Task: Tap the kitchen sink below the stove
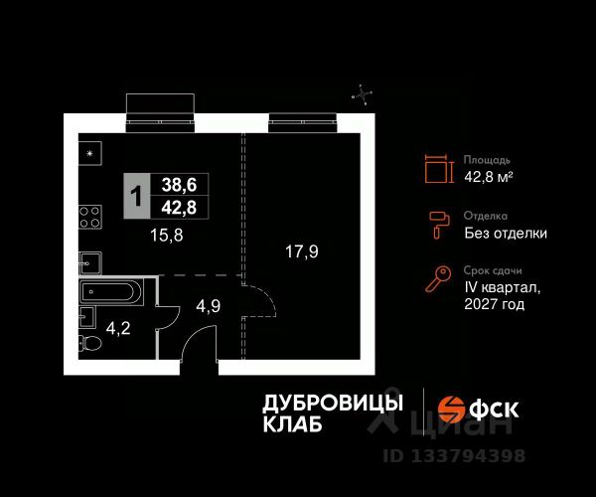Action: pyautogui.click(x=89, y=261)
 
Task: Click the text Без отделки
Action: pyautogui.click(x=505, y=234)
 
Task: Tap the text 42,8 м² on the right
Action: pyautogui.click(x=488, y=177)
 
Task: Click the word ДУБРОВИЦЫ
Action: pyautogui.click(x=332, y=403)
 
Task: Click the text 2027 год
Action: pyautogui.click(x=495, y=305)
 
